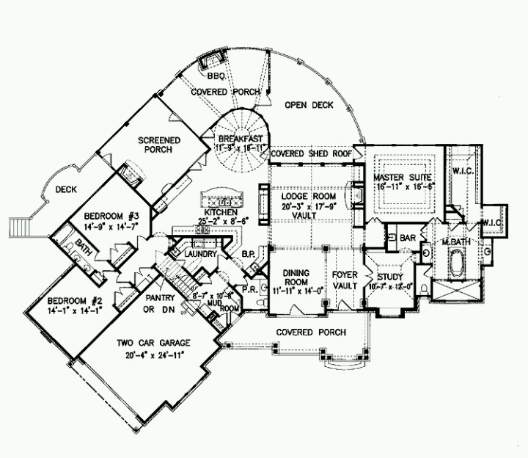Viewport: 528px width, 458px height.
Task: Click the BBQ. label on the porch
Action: pos(216,76)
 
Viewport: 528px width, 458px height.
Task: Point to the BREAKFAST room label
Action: pos(239,138)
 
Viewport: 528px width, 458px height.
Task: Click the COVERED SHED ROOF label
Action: pos(311,155)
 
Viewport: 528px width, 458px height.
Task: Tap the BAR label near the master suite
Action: pos(408,238)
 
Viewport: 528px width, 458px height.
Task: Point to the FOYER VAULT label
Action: pos(344,280)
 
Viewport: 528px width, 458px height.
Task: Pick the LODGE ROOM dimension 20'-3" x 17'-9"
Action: pos(308,207)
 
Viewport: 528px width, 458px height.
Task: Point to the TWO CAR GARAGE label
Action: pos(153,343)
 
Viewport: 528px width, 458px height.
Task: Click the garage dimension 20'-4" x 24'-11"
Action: pos(153,353)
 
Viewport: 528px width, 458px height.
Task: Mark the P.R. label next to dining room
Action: pos(249,288)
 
